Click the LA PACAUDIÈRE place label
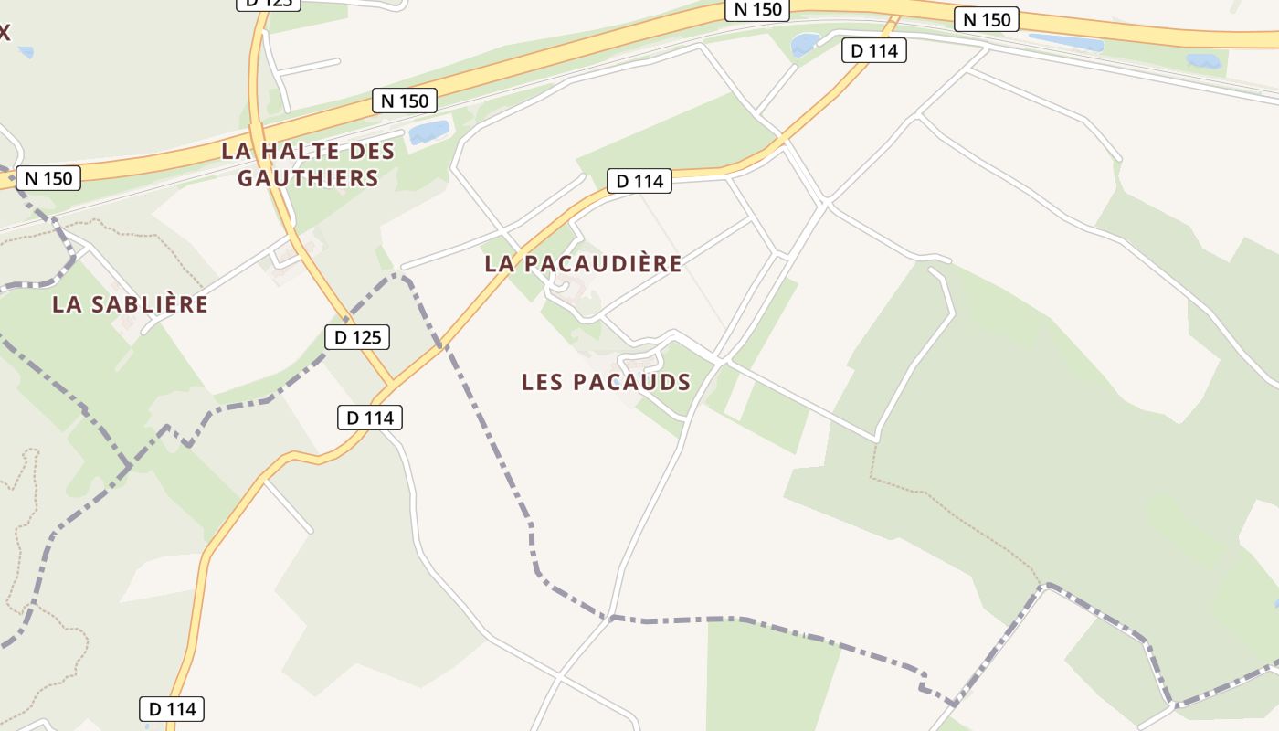(583, 264)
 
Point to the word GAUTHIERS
(308, 178)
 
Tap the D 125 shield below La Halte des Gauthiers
(357, 337)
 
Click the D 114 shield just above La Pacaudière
(639, 181)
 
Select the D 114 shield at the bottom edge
(172, 709)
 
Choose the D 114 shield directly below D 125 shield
(370, 418)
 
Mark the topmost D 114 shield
(874, 51)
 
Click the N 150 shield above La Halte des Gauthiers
(405, 101)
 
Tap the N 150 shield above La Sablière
(48, 178)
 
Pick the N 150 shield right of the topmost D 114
(987, 19)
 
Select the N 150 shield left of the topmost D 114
(758, 9)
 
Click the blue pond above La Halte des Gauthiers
(428, 132)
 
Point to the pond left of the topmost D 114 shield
(805, 44)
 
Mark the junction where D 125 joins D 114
(394, 382)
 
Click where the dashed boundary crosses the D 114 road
(443, 345)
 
